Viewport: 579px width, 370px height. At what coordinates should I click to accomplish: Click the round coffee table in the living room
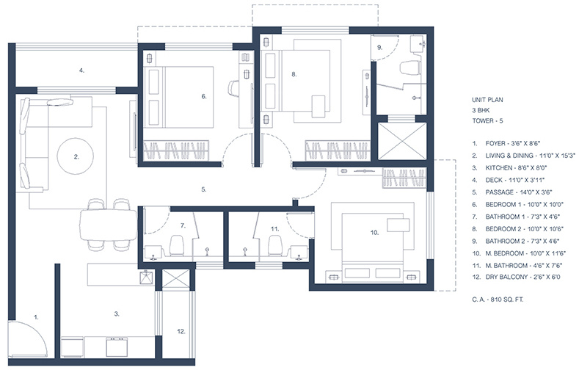click(x=76, y=156)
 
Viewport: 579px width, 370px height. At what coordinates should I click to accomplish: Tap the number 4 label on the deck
click(x=82, y=70)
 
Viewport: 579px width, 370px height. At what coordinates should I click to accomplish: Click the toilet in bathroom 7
click(x=176, y=244)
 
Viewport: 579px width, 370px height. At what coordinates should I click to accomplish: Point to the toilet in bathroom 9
click(x=409, y=70)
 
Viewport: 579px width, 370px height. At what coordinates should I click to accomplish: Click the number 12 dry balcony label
click(x=181, y=332)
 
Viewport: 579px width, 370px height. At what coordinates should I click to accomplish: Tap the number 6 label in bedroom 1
click(x=204, y=96)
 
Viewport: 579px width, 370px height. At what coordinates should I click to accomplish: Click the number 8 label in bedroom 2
click(x=294, y=74)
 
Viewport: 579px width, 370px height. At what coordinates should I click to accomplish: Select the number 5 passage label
click(x=203, y=189)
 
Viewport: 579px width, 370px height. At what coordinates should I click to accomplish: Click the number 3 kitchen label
click(x=117, y=313)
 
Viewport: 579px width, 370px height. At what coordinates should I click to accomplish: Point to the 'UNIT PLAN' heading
click(x=487, y=98)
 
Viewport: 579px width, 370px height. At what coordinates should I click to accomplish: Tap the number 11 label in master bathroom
click(x=274, y=229)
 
